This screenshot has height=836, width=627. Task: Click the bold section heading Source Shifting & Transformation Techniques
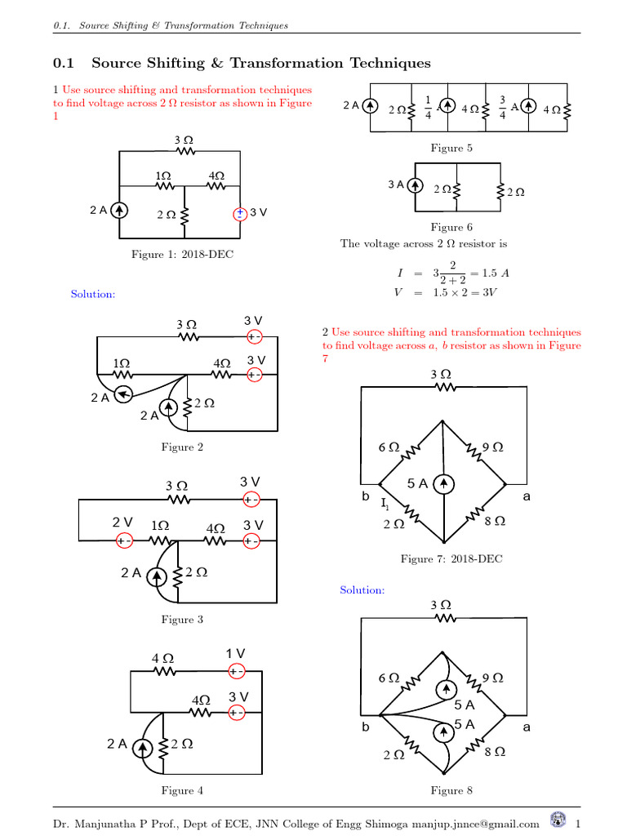pyautogui.click(x=260, y=63)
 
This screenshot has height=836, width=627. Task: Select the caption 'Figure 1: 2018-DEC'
pyautogui.click(x=182, y=255)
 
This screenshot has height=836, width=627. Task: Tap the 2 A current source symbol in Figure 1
pyautogui.click(x=119, y=211)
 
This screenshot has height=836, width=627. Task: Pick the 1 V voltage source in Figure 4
pyautogui.click(x=236, y=671)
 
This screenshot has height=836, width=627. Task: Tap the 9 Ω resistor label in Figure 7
pyautogui.click(x=492, y=447)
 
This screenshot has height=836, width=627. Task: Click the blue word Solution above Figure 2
pyautogui.click(x=93, y=294)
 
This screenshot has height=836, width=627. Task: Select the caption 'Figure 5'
pyautogui.click(x=451, y=148)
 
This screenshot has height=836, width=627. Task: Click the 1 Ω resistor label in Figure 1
pyautogui.click(x=163, y=176)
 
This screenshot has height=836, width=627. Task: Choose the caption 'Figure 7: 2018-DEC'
pyautogui.click(x=451, y=558)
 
